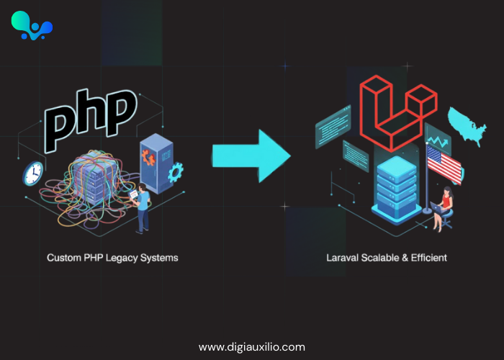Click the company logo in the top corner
coord(32,26)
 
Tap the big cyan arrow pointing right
coord(251,156)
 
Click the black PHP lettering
coord(91,120)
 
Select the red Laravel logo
coord(398,113)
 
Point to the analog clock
coord(33,174)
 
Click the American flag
coord(444,163)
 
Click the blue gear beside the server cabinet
coord(176,172)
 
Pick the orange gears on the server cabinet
coord(148,158)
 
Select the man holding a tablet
coord(141,208)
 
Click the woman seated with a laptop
coord(443,209)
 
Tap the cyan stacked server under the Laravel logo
coord(397,189)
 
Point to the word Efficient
coord(429,258)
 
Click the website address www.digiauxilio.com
coord(252,347)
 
